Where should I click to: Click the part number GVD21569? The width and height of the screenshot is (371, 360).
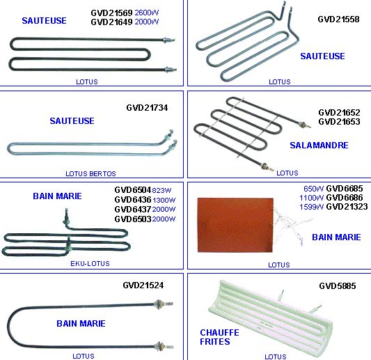[x=111, y=13]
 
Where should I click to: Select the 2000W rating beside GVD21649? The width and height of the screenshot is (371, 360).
[x=147, y=22]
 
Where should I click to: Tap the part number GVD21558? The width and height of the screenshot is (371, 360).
[x=338, y=19]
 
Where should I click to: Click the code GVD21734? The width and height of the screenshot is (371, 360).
[x=147, y=108]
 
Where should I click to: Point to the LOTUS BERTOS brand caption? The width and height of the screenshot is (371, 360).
[x=90, y=173]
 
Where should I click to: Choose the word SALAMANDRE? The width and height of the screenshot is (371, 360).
[x=319, y=145]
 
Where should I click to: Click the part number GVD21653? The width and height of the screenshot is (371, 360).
[x=339, y=122]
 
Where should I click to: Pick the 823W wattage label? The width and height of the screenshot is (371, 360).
[x=161, y=190]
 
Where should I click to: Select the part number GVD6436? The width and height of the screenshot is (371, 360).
[x=133, y=200]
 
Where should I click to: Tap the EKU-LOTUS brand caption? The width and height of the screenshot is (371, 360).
[x=90, y=263]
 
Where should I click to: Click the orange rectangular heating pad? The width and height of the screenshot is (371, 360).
[x=235, y=225]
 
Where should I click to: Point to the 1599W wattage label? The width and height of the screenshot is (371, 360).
[x=311, y=207]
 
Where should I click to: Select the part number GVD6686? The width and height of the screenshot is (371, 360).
[x=345, y=198]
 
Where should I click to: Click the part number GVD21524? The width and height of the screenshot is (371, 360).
[x=143, y=285]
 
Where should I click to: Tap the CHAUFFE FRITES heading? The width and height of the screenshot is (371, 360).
[x=219, y=337]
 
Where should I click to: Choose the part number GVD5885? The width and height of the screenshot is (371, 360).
[x=338, y=286]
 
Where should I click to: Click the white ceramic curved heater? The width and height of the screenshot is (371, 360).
[x=271, y=317]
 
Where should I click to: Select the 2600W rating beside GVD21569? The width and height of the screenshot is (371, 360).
[x=147, y=13]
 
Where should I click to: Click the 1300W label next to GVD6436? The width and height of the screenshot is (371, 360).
[x=164, y=201]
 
